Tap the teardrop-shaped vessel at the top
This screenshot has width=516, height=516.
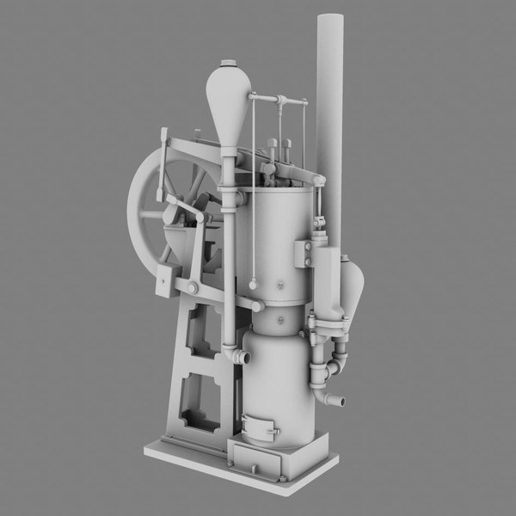click(229, 99)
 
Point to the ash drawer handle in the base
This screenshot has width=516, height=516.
click(254, 468)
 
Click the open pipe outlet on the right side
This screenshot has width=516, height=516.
click(338, 401)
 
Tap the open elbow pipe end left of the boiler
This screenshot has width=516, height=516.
click(244, 356)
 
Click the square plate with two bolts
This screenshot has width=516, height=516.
click(304, 255)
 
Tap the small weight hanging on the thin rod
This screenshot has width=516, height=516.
click(254, 284)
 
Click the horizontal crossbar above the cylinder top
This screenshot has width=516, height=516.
click(279, 101)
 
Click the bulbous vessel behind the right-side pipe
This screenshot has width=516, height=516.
click(353, 288)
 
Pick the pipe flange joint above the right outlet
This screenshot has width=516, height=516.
click(332, 370)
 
